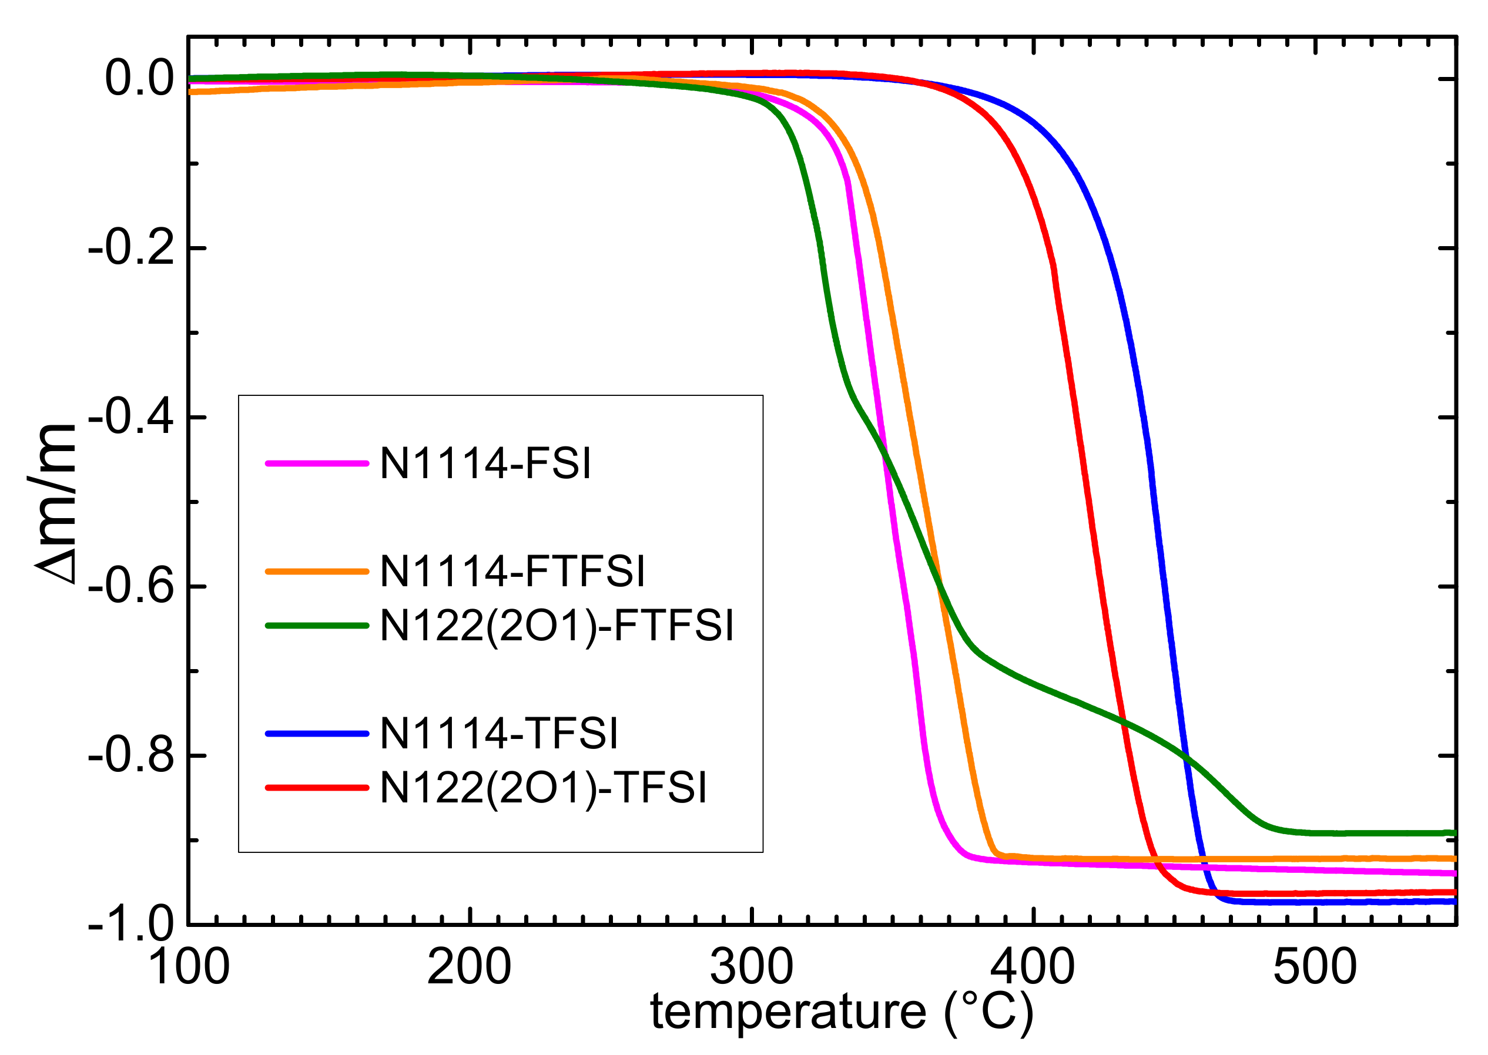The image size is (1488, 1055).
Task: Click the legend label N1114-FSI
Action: [485, 463]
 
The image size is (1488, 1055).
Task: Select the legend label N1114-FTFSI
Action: [512, 571]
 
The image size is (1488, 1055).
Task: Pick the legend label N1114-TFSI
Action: [498, 734]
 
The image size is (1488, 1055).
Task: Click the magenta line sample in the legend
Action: [317, 463]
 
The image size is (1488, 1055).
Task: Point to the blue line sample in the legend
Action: [317, 734]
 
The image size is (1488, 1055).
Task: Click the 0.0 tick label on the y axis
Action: [140, 79]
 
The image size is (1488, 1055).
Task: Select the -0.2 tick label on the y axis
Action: [131, 247]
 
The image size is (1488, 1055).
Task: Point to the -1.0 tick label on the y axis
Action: [131, 924]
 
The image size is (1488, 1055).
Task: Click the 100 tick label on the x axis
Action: [189, 968]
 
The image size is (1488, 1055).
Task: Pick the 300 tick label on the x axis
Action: [752, 968]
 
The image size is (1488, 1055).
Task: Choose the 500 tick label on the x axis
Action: [1315, 968]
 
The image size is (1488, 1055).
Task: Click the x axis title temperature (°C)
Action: [842, 1012]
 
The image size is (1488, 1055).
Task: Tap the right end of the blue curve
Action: [1455, 902]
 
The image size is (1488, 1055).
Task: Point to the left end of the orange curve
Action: [190, 92]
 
